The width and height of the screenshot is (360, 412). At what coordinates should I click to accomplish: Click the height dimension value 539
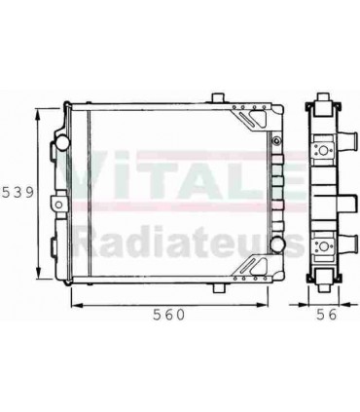click(18, 192)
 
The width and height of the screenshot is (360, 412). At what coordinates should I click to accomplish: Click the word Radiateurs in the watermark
click(180, 240)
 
